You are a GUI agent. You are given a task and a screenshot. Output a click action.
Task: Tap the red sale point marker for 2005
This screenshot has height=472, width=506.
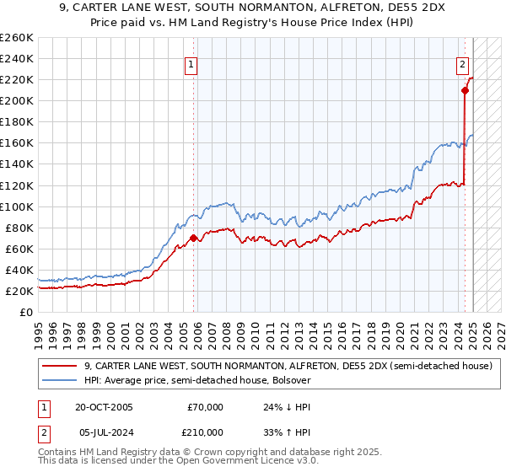194,238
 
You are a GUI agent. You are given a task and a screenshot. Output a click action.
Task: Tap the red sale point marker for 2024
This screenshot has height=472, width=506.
465,90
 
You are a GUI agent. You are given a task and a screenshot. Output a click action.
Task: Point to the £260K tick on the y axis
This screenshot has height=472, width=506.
17,37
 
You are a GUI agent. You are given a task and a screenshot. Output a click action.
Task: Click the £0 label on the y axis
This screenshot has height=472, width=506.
25,312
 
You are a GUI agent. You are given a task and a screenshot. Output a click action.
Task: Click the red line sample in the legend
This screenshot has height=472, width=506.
62,366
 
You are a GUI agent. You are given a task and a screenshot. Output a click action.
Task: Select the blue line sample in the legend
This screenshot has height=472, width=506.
62,380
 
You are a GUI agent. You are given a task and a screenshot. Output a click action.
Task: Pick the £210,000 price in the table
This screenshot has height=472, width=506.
206,432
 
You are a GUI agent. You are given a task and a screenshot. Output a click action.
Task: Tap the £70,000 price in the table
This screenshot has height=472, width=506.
206,407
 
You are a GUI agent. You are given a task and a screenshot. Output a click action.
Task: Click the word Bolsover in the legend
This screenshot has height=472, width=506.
292,380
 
